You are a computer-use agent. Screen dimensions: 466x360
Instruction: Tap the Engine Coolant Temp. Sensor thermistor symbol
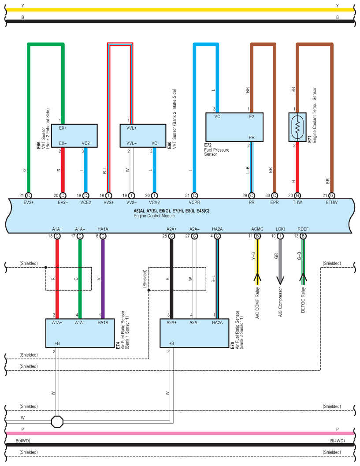tap(297, 127)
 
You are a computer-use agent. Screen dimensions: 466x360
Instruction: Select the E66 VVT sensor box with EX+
tap(74, 135)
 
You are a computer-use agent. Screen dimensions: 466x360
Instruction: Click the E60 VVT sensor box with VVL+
tap(142, 135)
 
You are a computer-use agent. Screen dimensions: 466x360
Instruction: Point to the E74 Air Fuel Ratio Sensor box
tap(80, 333)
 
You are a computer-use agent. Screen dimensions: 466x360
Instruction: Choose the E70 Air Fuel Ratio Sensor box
tap(194, 333)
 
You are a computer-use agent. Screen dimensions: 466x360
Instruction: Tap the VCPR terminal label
tap(194, 202)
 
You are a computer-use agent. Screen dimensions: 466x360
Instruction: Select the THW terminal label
tap(297, 202)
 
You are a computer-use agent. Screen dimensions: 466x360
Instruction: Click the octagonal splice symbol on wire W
tap(57, 421)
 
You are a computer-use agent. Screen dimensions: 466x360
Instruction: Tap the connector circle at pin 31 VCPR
tap(194, 195)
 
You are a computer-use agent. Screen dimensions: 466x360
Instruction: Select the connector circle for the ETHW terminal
tap(331, 195)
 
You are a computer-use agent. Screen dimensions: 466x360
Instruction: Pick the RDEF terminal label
tap(303, 229)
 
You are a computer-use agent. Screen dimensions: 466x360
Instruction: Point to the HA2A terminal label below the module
tap(217, 229)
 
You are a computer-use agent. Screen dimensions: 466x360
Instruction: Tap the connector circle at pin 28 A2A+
tap(171, 236)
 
